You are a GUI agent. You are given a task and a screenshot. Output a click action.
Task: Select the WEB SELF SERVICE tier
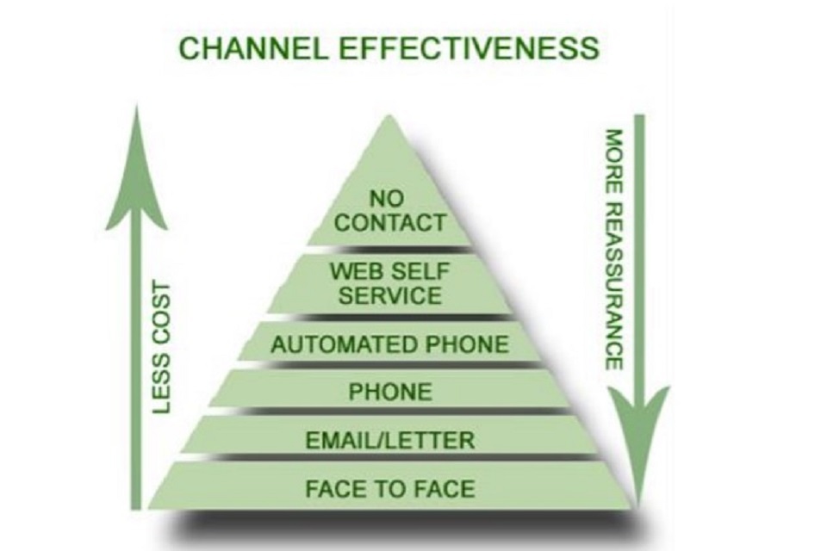point(389,283)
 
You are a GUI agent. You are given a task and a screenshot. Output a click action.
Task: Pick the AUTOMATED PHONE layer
point(389,344)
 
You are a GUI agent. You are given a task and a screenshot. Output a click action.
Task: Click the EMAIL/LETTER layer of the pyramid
point(389,441)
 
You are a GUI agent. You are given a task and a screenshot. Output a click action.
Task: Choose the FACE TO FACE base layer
point(389,489)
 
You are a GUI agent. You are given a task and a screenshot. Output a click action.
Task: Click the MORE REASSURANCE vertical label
point(613,250)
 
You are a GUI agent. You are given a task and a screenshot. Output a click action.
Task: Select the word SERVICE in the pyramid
point(389,295)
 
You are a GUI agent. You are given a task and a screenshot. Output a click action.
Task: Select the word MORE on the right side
point(613,156)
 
